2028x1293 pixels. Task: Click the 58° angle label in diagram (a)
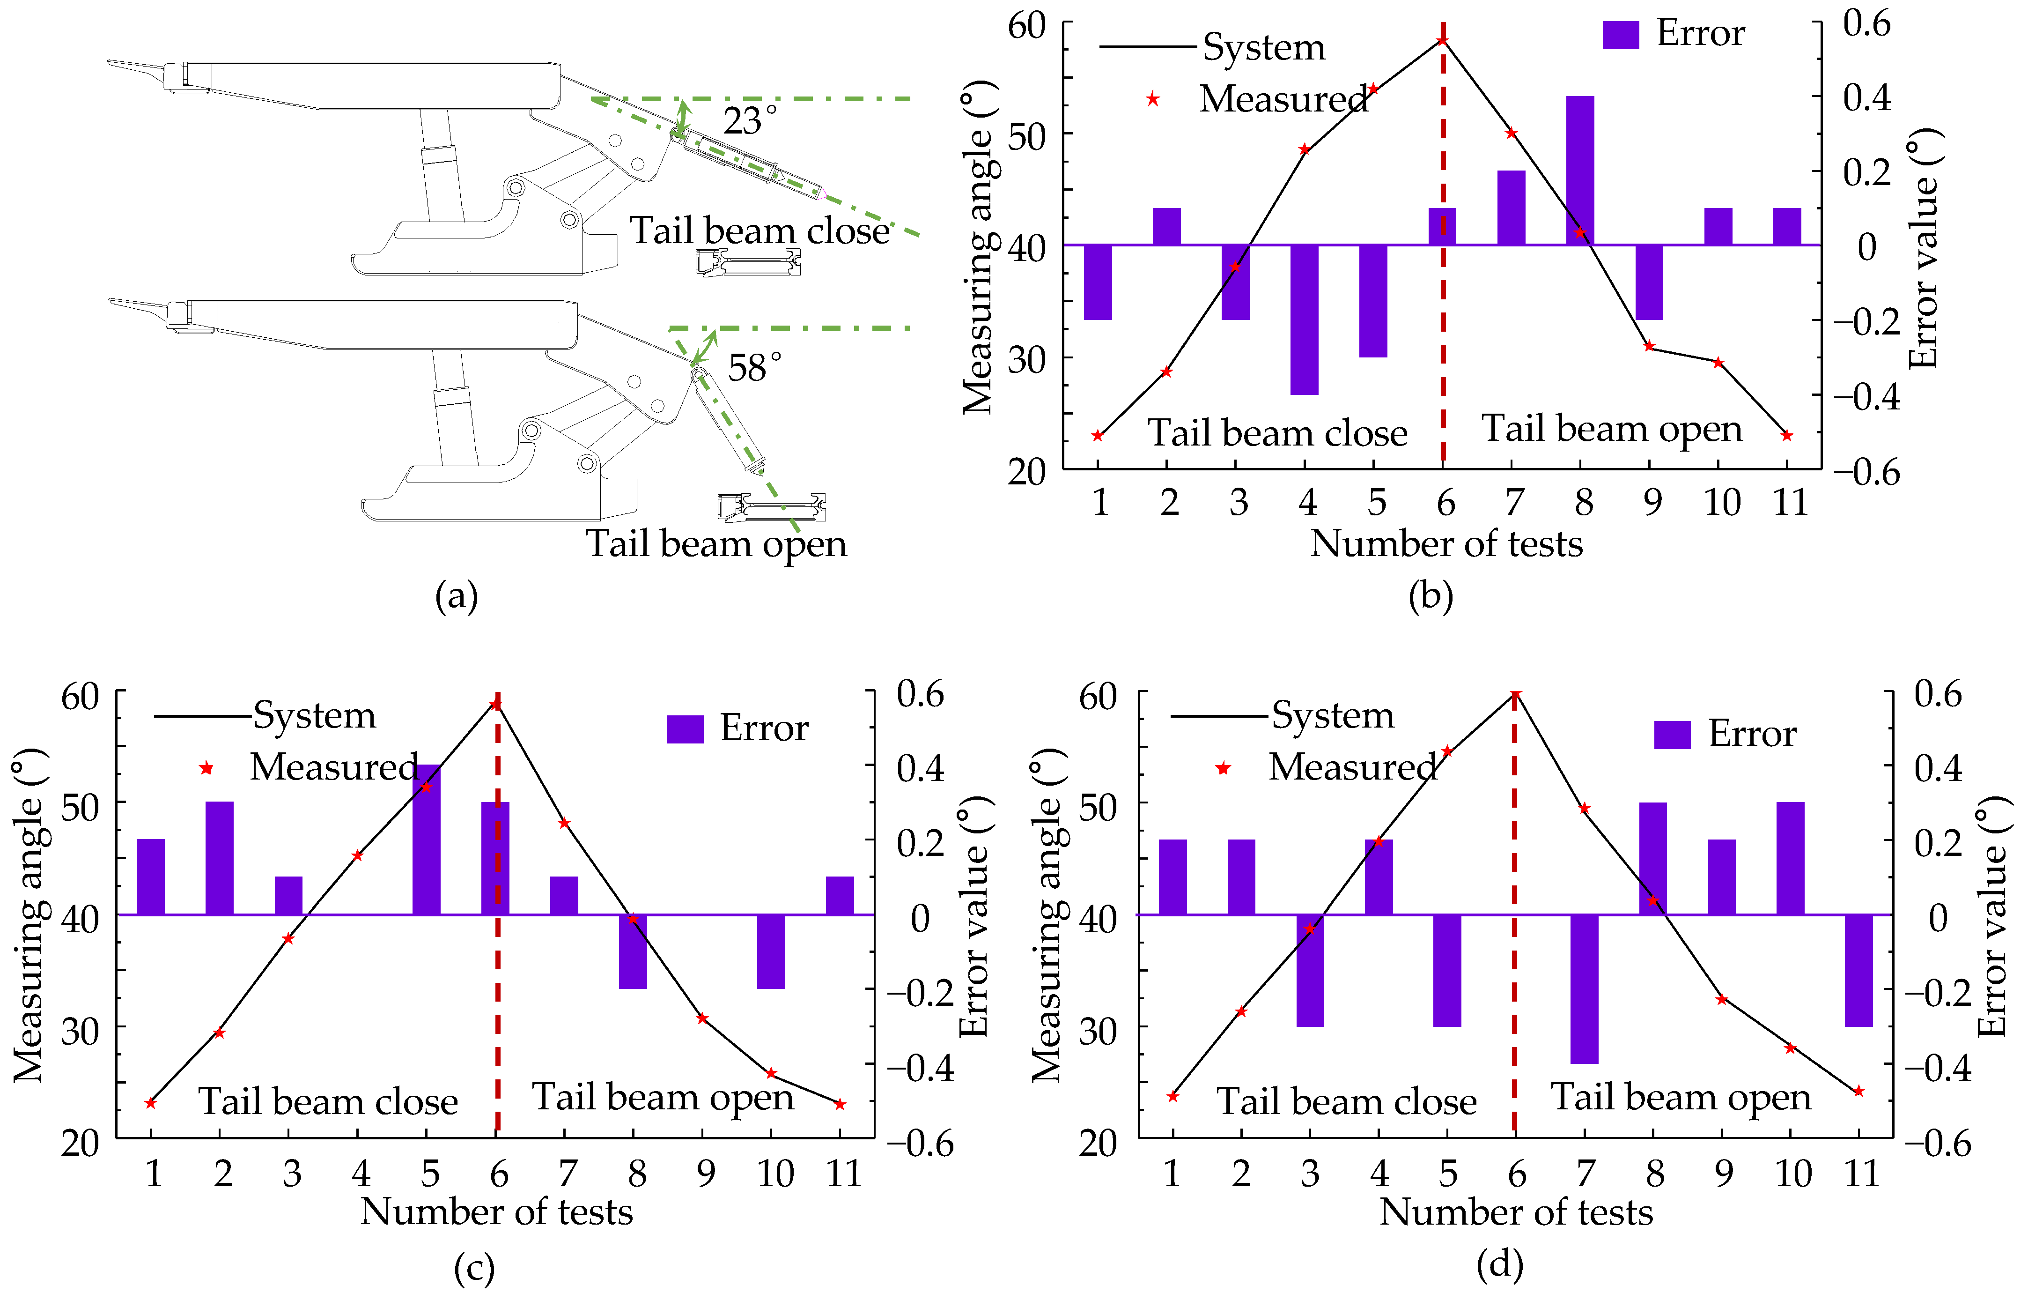point(754,367)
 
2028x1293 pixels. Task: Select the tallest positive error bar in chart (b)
point(1580,170)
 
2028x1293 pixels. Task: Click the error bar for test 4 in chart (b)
point(1305,319)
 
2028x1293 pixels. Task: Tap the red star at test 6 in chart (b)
point(1443,40)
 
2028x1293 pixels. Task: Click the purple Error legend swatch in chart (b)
point(1620,35)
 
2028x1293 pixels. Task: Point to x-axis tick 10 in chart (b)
point(1721,503)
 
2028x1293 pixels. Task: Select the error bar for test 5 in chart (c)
point(426,839)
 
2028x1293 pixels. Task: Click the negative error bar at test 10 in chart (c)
point(771,951)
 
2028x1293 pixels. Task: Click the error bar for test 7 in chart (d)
point(1584,988)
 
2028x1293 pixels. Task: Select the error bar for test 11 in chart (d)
point(1858,970)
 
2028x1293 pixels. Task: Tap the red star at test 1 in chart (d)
point(1173,1096)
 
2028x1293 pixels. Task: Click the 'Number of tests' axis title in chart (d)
point(1516,1212)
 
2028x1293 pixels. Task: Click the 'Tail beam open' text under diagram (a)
point(716,543)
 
